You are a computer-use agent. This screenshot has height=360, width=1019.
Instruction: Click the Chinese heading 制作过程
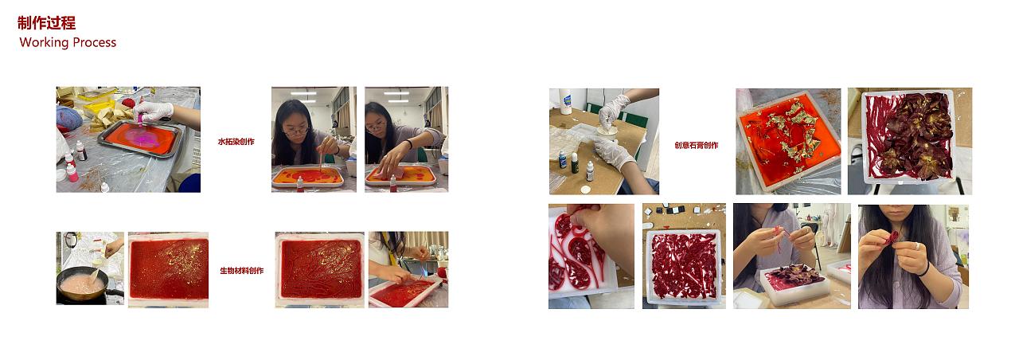[x=46, y=23]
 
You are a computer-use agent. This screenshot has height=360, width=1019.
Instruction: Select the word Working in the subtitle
[x=44, y=42]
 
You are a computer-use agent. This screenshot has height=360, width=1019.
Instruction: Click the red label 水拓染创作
[x=236, y=142]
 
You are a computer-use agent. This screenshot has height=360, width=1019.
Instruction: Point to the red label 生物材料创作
[x=241, y=270]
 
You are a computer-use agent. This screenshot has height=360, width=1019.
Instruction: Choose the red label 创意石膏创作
[x=697, y=145]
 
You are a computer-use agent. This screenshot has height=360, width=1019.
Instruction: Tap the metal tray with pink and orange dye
[x=142, y=139]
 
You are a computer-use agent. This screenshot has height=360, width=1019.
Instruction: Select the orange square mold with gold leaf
[x=788, y=139]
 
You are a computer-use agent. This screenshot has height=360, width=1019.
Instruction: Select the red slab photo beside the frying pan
[x=168, y=270]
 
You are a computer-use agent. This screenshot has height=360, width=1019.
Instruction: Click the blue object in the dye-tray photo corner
[x=189, y=183]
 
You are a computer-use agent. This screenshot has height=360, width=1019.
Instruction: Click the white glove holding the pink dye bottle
[x=154, y=111]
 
